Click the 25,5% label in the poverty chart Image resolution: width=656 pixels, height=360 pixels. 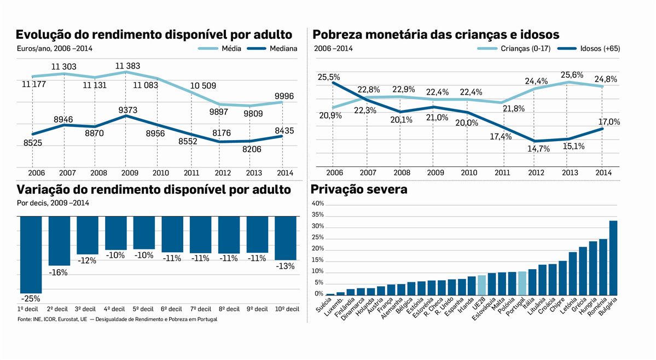click(x=329, y=78)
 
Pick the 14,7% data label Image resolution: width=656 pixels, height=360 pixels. click(x=539, y=148)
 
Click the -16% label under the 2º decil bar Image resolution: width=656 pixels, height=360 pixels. click(x=58, y=272)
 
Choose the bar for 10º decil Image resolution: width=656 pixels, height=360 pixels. click(x=285, y=238)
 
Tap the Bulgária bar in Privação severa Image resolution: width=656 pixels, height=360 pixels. click(x=613, y=258)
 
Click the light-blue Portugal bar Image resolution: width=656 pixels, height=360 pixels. click(x=522, y=283)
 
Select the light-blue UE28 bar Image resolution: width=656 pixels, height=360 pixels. click(x=481, y=285)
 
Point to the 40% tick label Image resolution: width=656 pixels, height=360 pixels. click(x=318, y=204)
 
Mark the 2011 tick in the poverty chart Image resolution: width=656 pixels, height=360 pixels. click(x=502, y=172)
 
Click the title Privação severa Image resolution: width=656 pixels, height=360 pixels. click(x=359, y=190)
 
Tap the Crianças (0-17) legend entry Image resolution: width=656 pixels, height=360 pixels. click(x=519, y=49)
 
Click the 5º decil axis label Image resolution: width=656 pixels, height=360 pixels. click(x=144, y=309)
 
